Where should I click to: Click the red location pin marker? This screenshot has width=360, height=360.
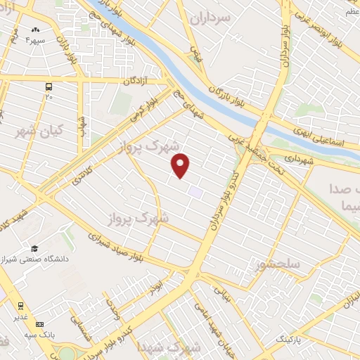[181, 165]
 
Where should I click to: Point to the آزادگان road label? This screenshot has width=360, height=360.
[137, 82]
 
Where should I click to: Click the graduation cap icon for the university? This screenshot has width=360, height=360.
[34, 248]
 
